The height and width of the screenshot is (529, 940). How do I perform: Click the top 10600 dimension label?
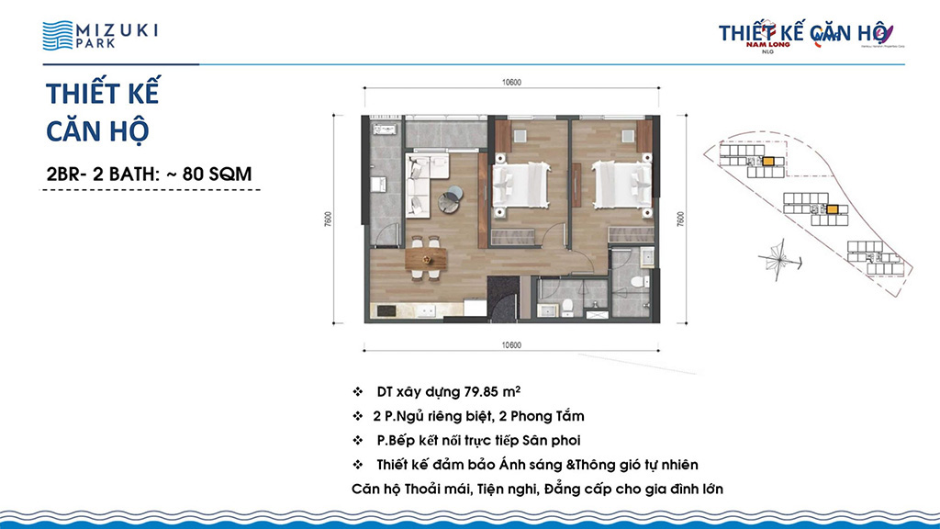coord(511,83)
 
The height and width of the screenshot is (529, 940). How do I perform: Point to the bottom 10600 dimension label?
coord(511,346)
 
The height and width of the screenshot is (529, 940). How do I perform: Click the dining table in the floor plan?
coord(424,260)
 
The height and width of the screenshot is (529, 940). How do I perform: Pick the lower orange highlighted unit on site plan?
coord(831,209)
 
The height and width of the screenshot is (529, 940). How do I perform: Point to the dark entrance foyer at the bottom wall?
coord(502,298)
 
